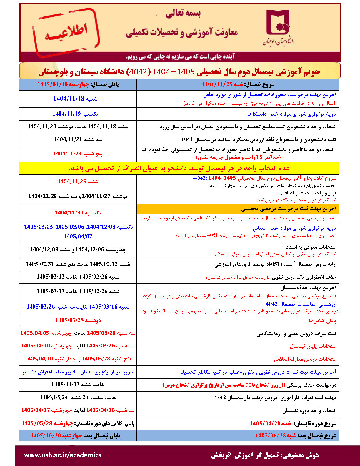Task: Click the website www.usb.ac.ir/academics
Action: pyautogui.click(x=62, y=455)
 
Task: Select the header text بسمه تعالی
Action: pyautogui.click(x=183, y=13)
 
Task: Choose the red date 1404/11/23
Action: pyautogui.click(x=67, y=154)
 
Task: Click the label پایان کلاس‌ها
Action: pyautogui.click(x=322, y=320)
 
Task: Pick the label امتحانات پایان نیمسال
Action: pyautogui.click(x=313, y=346)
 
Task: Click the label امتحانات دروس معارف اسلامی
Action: pyautogui.click(x=305, y=359)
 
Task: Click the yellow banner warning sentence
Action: pyautogui.click(x=179, y=168)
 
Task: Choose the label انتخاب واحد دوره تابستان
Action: pyautogui.click(x=309, y=410)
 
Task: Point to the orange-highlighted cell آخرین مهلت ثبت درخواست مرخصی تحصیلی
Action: pyautogui.click(x=288, y=209)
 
